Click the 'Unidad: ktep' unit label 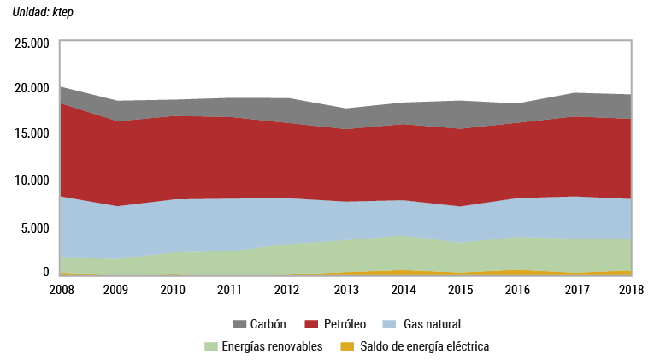(x=43, y=13)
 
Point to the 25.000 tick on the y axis (x=32, y=42)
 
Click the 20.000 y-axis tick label (x=32, y=88)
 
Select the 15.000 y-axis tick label (x=32, y=133)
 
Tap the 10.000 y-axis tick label (x=32, y=180)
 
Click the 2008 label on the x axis (x=62, y=291)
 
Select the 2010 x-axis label (x=174, y=291)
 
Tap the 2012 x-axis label (x=287, y=291)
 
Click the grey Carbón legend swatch (x=240, y=325)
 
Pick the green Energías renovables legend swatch (x=210, y=346)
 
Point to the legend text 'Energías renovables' (x=272, y=346)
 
